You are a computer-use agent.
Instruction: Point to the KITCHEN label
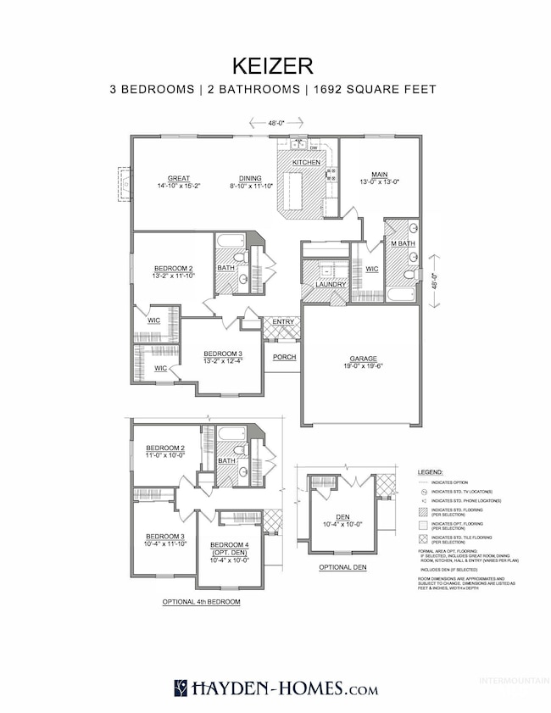pyautogui.click(x=306, y=162)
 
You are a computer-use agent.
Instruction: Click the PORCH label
pyautogui.click(x=284, y=357)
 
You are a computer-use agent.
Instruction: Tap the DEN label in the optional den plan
pyautogui.click(x=342, y=517)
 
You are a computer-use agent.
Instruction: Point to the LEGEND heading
pyautogui.click(x=430, y=471)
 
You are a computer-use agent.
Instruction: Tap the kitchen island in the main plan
pyautogui.click(x=293, y=191)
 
